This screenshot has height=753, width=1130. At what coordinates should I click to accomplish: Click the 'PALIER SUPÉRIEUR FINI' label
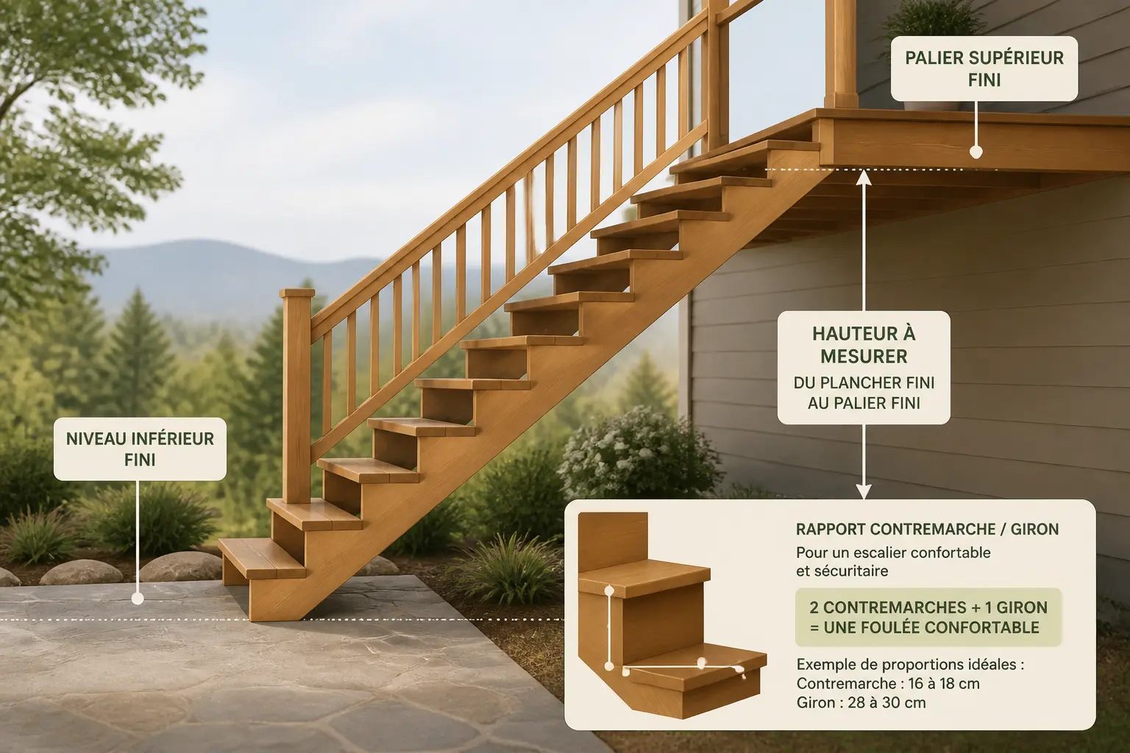pyautogui.click(x=984, y=68)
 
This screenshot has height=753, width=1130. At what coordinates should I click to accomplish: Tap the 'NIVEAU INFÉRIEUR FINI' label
pyautogui.click(x=140, y=449)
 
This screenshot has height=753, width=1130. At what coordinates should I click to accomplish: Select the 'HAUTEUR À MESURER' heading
pyautogui.click(x=864, y=345)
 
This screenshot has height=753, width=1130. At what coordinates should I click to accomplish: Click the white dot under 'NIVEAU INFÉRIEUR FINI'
pyautogui.click(x=138, y=599)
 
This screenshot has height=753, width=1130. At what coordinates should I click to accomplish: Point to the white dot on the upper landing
pyautogui.click(x=976, y=151)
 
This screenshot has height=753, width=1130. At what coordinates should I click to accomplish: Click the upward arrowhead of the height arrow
pyautogui.click(x=864, y=176)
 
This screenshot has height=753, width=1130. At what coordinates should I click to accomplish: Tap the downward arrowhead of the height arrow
pyautogui.click(x=864, y=491)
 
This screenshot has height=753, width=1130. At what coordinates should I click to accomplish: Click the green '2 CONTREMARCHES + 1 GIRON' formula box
pyautogui.click(x=928, y=618)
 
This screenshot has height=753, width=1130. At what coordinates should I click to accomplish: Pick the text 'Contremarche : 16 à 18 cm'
pyautogui.click(x=888, y=683)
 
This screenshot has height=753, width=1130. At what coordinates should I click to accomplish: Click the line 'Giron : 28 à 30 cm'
pyautogui.click(x=861, y=702)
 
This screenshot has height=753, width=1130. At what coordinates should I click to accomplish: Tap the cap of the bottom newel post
pyautogui.click(x=297, y=293)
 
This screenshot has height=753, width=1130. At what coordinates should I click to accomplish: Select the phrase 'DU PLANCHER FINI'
pyautogui.click(x=864, y=383)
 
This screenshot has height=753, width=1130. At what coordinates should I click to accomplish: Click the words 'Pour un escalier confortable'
pyautogui.click(x=893, y=552)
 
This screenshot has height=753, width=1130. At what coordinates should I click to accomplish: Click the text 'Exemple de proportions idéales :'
pyautogui.click(x=911, y=664)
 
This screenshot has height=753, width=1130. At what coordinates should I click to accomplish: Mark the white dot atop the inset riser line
pyautogui.click(x=609, y=590)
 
